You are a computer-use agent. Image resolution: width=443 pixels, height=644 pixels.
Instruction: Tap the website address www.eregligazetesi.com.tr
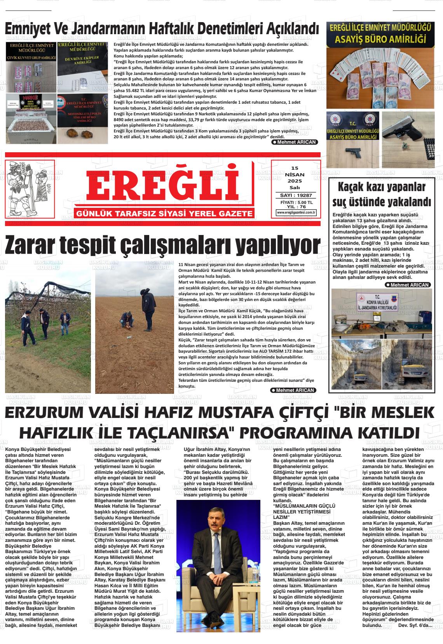point(296,212)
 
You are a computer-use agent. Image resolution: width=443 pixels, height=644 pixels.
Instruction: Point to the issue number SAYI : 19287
point(296,195)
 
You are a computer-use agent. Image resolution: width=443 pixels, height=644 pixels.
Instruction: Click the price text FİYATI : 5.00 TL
point(296,202)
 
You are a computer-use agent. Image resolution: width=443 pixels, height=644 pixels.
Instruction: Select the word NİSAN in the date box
point(295,175)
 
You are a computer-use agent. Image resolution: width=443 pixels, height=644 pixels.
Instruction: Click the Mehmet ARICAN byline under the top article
point(294,142)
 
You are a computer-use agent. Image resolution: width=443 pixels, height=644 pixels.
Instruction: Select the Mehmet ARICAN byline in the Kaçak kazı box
point(408,285)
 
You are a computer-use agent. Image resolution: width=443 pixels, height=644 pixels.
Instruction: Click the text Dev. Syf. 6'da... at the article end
point(415,625)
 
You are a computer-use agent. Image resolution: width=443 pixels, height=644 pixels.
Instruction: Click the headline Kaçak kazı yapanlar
point(381,187)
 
